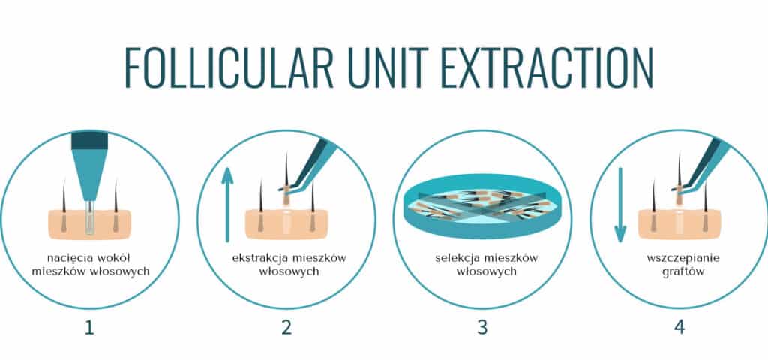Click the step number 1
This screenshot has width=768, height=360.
[89, 327]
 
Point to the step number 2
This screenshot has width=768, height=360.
[286, 327]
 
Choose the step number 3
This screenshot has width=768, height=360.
[482, 327]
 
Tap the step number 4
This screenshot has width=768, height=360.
[679, 327]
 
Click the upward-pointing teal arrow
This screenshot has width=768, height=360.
[226, 205]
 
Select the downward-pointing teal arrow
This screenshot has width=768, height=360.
[620, 205]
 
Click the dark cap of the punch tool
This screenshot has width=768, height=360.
[90, 140]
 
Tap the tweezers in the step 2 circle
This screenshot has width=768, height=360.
[307, 164]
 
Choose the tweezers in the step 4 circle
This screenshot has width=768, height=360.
[700, 164]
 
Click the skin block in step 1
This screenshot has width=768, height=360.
[90, 224]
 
